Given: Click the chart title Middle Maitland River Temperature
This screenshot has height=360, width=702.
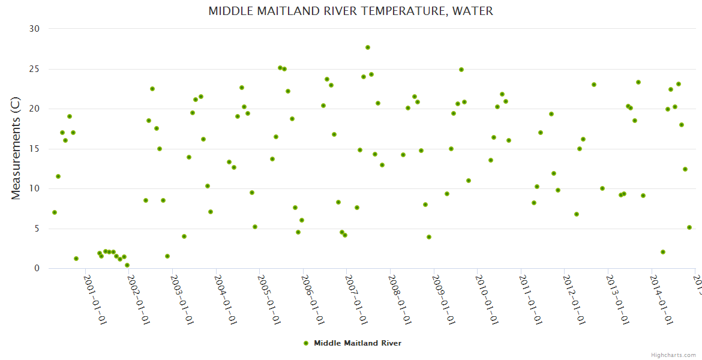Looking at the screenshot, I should point(350,11).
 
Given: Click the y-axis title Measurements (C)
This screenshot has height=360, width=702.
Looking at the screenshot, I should point(16,148).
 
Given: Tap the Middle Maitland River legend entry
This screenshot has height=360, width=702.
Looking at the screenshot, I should point(357,343).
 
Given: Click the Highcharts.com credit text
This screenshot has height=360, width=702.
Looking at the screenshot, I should point(673,355).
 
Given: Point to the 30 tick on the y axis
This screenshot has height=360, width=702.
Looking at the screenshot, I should point(34,29).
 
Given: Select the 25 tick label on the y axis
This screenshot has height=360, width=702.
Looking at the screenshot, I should point(34,69).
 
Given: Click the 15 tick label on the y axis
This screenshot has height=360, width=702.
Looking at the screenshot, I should point(34,149).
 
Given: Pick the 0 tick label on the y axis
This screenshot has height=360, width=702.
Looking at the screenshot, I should point(37,269).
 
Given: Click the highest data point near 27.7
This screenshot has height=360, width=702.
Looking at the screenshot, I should point(368,47).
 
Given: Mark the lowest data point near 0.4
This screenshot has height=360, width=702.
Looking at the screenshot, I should point(127,265).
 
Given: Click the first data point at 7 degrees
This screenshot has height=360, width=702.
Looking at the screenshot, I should point(55,212).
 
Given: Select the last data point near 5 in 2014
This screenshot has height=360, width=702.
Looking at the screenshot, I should point(689,227).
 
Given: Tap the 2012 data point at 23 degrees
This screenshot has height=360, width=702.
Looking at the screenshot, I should point(594,85).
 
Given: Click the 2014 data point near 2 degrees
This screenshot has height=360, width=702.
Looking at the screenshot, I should point(663,252).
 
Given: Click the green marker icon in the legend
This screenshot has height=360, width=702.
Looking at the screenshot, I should point(306,343).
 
